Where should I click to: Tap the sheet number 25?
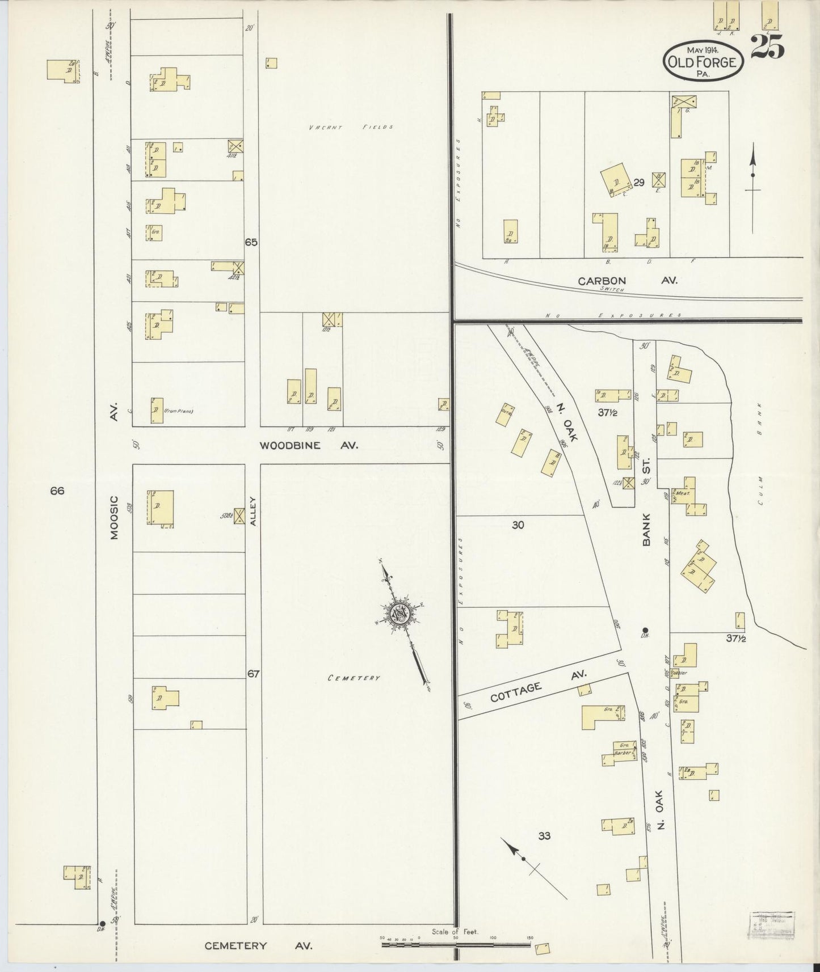pos(767,47)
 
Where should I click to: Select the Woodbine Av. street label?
pos(309,445)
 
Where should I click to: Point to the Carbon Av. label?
pos(627,280)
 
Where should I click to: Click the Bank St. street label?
pos(646,505)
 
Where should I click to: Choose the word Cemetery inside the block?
pos(354,677)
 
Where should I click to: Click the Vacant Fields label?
pos(351,127)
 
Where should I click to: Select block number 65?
pos(251,242)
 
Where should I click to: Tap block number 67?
pos(253,674)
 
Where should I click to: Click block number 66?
pos(57,491)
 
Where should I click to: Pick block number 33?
pos(544,835)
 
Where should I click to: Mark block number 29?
pos(639,183)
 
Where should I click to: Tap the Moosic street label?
pos(113,516)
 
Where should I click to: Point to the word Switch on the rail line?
pos(612,289)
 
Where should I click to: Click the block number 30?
pos(518,525)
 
